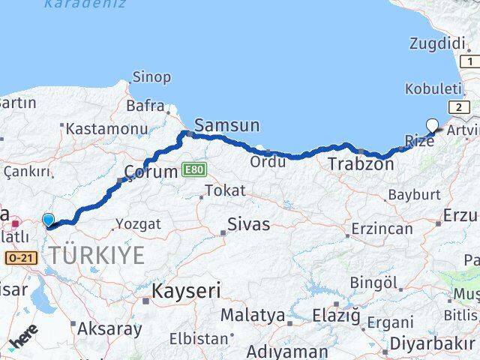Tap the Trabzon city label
tap(361, 163)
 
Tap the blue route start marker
tap(49, 220)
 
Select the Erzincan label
tap(382, 227)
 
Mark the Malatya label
tap(253, 315)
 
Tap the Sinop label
tap(151, 76)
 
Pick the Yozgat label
tap(137, 223)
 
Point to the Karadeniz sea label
tap(74, 4)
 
